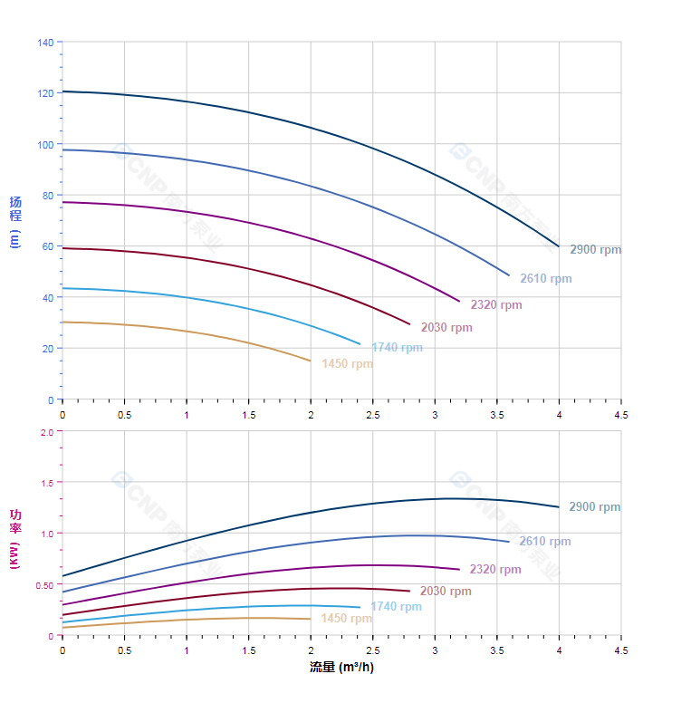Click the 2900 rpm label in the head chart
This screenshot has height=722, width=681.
(595, 250)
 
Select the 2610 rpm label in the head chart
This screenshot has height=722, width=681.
(545, 279)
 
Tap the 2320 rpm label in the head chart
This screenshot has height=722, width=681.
(495, 305)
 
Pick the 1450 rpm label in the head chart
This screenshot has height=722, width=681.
(347, 364)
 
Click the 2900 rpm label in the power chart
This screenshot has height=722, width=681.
(594, 507)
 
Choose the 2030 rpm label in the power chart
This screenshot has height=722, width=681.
(446, 592)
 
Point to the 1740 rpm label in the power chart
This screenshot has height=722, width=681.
(396, 607)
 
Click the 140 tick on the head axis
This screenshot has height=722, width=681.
(45, 42)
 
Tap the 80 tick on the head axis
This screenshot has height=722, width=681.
(47, 195)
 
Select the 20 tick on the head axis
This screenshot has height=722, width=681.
(47, 349)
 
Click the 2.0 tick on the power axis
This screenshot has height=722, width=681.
(47, 431)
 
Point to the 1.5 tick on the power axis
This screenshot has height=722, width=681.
(47, 483)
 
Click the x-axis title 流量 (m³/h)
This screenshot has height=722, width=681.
(341, 668)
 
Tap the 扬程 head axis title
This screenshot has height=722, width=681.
(15, 209)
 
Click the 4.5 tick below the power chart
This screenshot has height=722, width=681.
(621, 650)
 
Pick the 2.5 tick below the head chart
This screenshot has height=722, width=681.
(372, 414)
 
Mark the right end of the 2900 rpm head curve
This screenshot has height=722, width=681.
(559, 246)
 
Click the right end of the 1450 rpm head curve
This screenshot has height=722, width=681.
(311, 361)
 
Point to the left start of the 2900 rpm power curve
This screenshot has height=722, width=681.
(62, 576)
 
